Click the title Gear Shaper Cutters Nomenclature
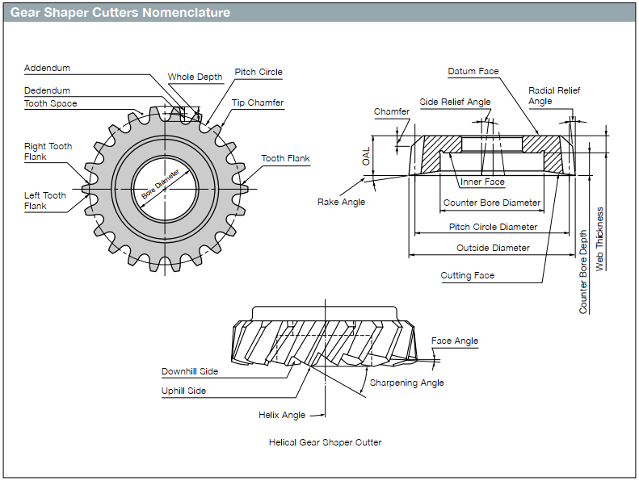120,13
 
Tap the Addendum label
47,69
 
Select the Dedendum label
47,91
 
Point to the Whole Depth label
195,77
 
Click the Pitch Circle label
259,72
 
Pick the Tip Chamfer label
258,103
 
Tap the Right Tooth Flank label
48,152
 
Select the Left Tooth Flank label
45,200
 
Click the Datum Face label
473,72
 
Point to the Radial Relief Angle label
554,96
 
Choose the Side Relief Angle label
455,102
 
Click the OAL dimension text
367,157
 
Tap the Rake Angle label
341,202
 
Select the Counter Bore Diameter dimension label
492,203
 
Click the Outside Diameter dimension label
493,248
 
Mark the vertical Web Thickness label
599,238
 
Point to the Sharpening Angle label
406,383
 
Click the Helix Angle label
282,415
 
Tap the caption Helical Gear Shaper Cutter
325,442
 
